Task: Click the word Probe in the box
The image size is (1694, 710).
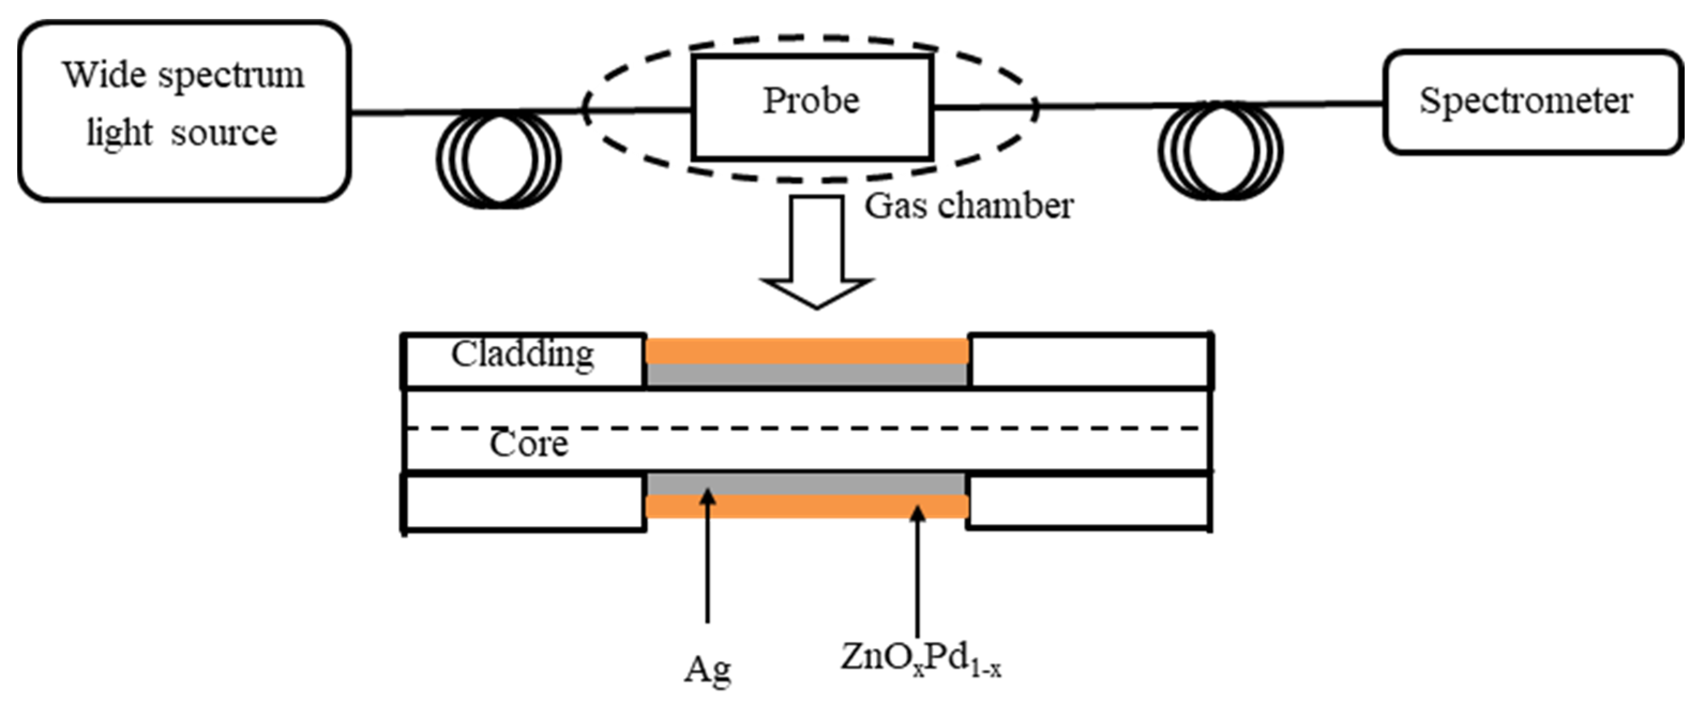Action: [811, 101]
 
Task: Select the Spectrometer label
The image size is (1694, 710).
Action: [1526, 101]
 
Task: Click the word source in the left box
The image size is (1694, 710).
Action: [224, 133]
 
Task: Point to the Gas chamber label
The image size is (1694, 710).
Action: [969, 206]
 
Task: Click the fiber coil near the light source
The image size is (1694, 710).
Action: [498, 160]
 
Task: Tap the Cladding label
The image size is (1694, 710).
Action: [523, 354]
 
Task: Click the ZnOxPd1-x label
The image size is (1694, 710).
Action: [921, 659]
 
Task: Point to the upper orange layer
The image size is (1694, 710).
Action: [807, 351]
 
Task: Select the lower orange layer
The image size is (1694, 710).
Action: [807, 506]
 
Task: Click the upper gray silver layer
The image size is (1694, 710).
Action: [807, 375]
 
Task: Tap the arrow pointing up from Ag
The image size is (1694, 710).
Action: [708, 559]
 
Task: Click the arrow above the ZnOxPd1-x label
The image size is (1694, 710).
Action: [917, 566]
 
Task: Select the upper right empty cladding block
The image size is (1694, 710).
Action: [1090, 361]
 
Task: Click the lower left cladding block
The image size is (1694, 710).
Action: [524, 502]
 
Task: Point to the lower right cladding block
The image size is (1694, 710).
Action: [1090, 502]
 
